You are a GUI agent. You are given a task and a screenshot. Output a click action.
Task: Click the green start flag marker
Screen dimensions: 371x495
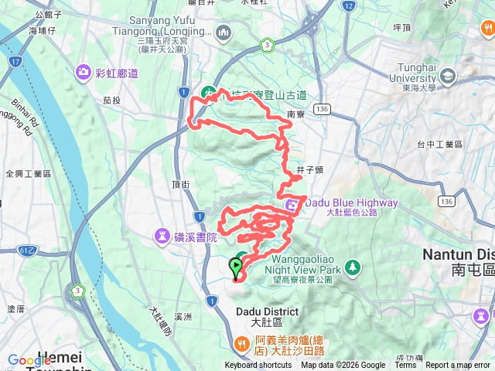tap(235, 267)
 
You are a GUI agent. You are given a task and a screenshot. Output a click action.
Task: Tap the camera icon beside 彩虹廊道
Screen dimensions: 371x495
tap(83, 73)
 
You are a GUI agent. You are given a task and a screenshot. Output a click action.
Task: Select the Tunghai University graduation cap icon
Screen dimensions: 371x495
tap(449, 77)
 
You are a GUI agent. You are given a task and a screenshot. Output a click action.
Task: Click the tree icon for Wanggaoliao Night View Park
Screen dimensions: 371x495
tap(353, 267)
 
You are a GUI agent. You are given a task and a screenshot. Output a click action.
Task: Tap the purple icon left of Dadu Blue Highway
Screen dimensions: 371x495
tap(293, 204)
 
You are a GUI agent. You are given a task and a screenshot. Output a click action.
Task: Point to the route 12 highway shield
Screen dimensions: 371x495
tap(349, 6)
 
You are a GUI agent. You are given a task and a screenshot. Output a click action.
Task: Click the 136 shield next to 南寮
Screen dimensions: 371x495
tap(323, 110)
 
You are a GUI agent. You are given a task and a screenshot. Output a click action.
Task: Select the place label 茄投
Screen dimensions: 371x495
tap(112, 100)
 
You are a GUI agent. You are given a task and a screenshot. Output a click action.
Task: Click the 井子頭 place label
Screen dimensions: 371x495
tap(309, 169)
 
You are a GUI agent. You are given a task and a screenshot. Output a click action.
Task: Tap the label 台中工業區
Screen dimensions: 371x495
tap(439, 145)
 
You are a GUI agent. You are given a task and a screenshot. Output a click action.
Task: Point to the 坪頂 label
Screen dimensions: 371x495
tap(401, 27)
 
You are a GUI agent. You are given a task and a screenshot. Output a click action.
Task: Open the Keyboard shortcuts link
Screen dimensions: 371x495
tap(258, 366)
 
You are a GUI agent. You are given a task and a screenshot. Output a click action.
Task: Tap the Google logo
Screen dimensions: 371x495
tap(29, 360)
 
